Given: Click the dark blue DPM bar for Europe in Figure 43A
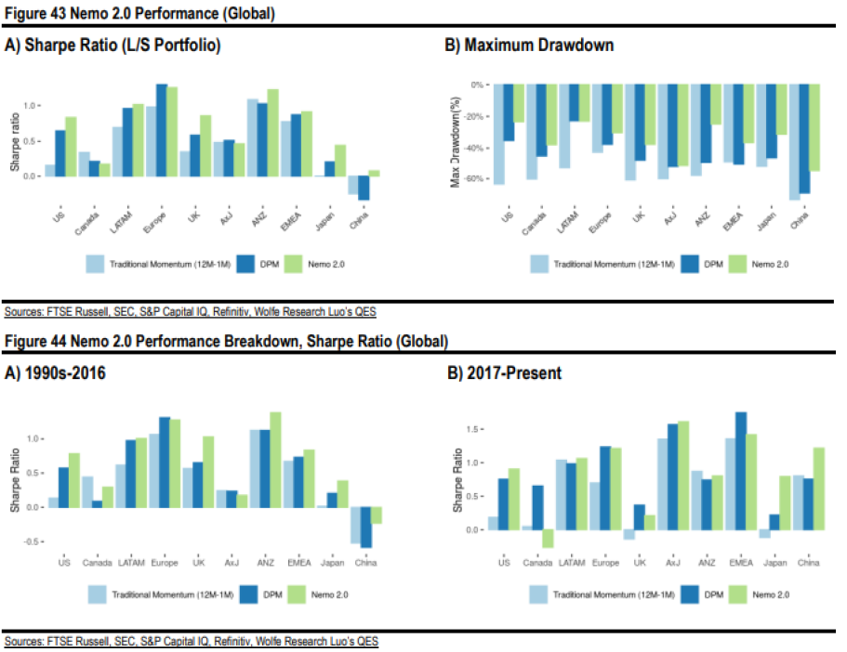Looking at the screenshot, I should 162,129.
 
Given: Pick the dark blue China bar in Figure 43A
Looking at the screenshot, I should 363,188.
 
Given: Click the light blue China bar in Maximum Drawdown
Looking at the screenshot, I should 793,141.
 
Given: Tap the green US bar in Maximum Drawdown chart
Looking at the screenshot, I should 519,103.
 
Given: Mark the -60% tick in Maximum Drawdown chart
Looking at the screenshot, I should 482,179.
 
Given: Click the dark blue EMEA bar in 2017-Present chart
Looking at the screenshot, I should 741,471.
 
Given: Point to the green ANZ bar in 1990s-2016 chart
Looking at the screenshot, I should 275,459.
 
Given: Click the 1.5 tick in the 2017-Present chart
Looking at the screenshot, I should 474,429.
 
